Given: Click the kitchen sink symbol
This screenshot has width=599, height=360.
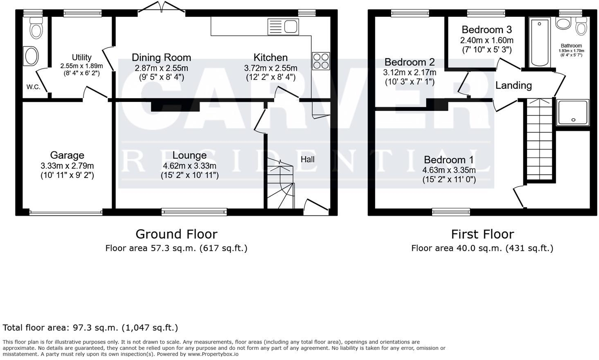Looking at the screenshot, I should (283, 27).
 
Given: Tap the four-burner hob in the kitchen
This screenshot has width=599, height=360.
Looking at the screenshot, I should (320, 61).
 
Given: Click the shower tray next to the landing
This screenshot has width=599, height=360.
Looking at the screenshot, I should (573, 112).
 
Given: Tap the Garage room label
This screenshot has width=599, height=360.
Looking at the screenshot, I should (67, 155).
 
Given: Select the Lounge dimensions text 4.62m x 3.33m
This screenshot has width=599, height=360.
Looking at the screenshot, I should (189, 166).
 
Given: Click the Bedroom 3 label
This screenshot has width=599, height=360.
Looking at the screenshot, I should (486, 29).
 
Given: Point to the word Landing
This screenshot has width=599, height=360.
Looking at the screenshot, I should (513, 85).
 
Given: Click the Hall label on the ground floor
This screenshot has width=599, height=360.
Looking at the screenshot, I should (307, 159).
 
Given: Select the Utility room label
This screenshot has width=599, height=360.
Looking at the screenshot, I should (81, 57).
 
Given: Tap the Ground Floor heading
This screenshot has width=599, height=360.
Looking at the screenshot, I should (176, 234).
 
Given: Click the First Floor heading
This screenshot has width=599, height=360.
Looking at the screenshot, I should (482, 234).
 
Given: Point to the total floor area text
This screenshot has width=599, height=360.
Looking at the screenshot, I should (90, 328).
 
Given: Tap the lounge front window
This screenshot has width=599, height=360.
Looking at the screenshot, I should (194, 211).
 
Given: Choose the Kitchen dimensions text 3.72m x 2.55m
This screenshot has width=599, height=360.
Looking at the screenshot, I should (270, 68).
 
